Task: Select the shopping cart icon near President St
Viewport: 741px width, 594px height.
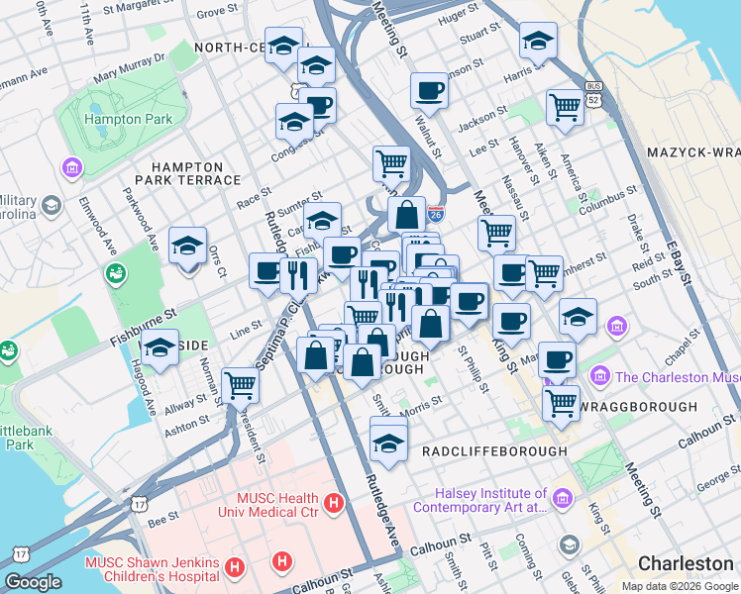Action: pyautogui.click(x=240, y=384)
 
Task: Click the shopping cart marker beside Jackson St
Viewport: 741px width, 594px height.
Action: pyautogui.click(x=565, y=105)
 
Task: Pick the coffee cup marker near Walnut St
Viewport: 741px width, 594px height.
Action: pyautogui.click(x=429, y=91)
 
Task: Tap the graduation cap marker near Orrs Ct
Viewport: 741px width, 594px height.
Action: pyautogui.click(x=187, y=245)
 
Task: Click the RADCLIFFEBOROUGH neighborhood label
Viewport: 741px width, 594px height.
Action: pyautogui.click(x=494, y=451)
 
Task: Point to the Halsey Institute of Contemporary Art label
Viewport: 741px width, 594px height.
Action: pyautogui.click(x=493, y=500)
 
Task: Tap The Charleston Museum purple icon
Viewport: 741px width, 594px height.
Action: pyautogui.click(x=599, y=376)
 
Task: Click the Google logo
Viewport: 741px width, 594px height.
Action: pyautogui.click(x=33, y=582)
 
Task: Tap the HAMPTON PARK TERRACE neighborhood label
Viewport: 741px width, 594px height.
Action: pyautogui.click(x=195, y=172)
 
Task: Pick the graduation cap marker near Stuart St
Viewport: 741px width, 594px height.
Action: pyautogui.click(x=538, y=41)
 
